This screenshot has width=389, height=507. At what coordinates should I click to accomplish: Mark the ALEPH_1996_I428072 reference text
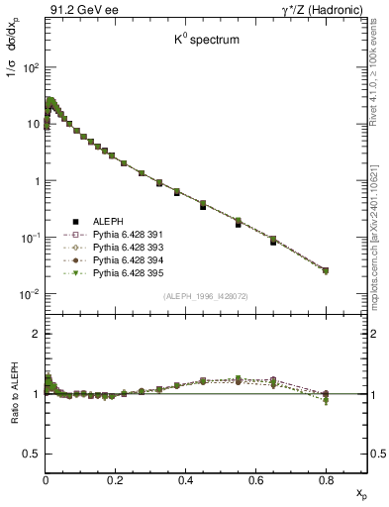[206, 296]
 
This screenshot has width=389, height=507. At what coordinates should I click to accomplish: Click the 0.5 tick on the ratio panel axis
[33, 454]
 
